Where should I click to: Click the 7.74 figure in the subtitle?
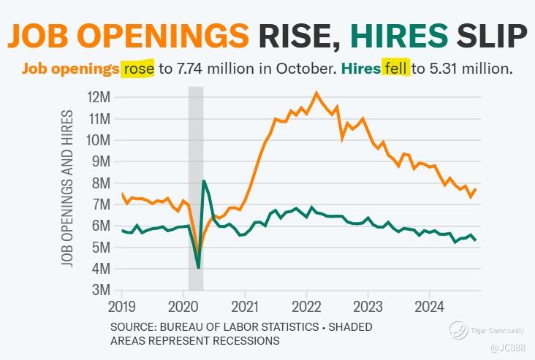(x=185, y=69)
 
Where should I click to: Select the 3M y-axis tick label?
(x=100, y=291)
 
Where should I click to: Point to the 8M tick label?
(x=100, y=183)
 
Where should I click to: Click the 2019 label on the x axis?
(x=122, y=305)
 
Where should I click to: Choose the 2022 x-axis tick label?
(x=306, y=305)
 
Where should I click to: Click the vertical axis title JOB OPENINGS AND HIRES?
(x=68, y=188)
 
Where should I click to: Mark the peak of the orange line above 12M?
(x=316, y=93)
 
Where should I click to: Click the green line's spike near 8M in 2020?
(x=204, y=181)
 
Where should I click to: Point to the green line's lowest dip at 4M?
(x=198, y=268)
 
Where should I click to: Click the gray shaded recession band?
(x=196, y=146)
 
